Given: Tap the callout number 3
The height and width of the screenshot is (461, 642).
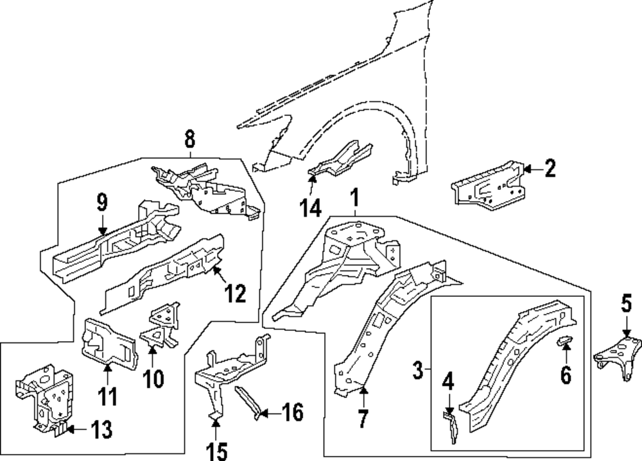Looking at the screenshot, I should point(418,370).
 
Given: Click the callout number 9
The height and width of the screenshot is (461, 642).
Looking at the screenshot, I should point(102,204).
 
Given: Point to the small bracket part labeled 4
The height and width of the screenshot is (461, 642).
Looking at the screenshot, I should point(451,426).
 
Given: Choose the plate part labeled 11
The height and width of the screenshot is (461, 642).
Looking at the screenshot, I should point(108,340).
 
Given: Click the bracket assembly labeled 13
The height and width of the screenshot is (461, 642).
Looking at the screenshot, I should point(42,394).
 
